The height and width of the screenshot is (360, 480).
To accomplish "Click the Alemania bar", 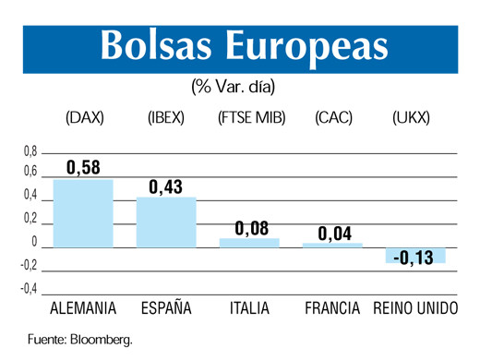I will [83, 212].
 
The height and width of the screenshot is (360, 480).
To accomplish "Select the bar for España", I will [166, 222].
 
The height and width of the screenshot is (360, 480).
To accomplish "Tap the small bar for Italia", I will [249, 242].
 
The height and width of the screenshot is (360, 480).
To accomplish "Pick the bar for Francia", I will [332, 245].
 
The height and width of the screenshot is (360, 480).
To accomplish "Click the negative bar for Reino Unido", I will [415, 255].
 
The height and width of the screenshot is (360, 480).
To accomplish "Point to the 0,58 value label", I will [84, 167].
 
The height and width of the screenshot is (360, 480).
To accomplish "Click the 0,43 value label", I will [167, 186].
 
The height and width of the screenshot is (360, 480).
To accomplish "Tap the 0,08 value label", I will [251, 227].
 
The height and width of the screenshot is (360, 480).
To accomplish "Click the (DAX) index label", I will [85, 117].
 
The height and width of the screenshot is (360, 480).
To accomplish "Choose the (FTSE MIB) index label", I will [251, 117].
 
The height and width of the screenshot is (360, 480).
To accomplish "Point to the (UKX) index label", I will [412, 117].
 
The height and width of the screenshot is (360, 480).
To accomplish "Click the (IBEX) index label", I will [167, 117].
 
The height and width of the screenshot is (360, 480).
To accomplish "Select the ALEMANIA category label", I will [82, 308].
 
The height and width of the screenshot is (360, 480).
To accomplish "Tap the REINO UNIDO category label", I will [415, 308].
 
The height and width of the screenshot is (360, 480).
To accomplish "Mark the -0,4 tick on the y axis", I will [28, 289].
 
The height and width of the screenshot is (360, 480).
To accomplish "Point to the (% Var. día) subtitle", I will [234, 87].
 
